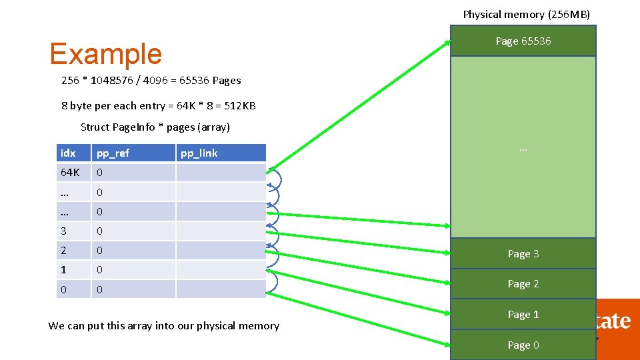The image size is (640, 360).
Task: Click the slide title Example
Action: pos(105,55)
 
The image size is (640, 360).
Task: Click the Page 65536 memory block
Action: pos(523,41)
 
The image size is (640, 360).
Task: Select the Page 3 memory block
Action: pos(523,253)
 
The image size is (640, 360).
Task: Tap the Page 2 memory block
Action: pos(523,283)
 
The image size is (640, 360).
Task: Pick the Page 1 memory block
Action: pos(523,314)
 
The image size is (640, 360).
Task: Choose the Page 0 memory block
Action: pos(523,345)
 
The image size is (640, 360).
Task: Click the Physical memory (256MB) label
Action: pos(526,14)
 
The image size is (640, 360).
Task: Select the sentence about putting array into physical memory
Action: pos(163,326)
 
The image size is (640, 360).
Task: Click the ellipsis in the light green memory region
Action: pos(523,149)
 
